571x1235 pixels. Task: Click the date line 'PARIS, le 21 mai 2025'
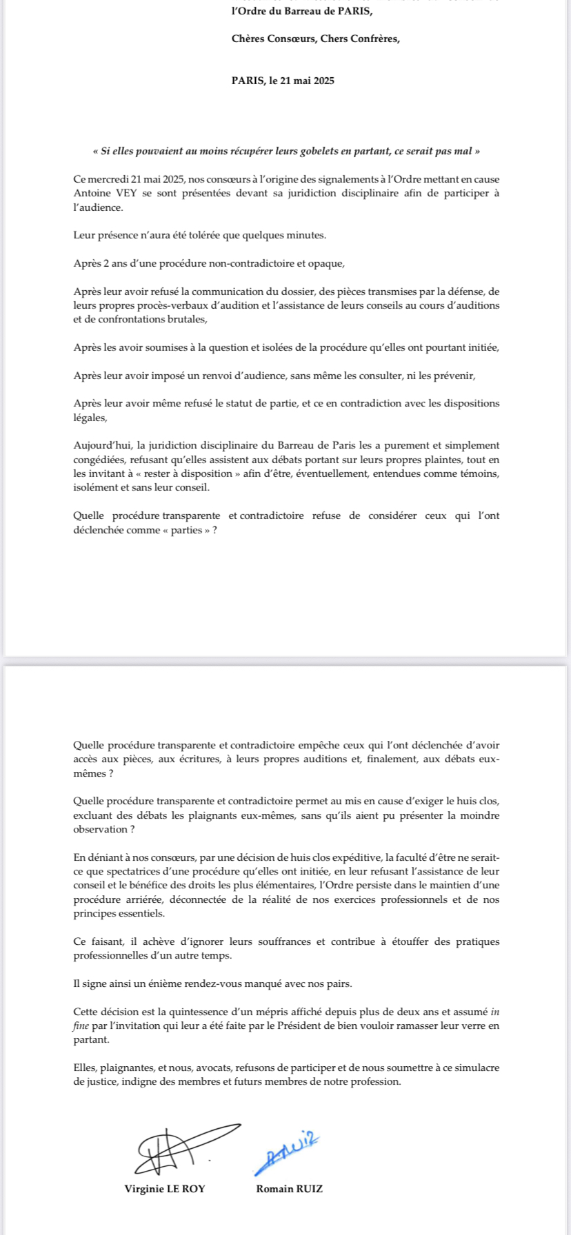pos(283,81)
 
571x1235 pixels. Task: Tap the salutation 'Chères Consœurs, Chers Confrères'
pos(315,39)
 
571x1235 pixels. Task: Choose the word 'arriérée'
pos(151,899)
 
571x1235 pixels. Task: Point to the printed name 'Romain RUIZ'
pos(289,1188)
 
